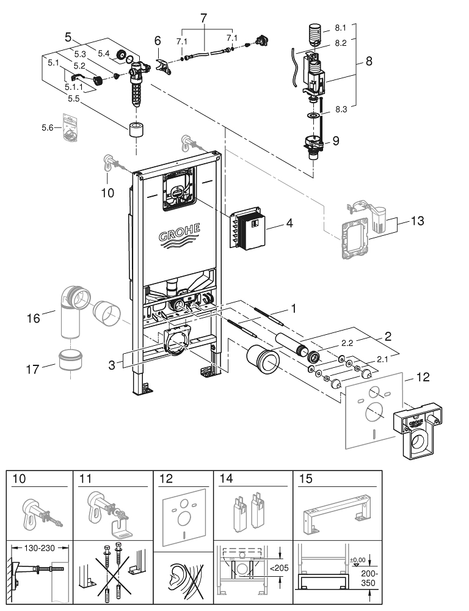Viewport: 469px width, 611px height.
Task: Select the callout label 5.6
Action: tap(48, 127)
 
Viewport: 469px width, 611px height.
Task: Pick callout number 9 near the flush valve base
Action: tap(335, 140)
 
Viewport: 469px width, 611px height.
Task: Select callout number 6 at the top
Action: tap(157, 40)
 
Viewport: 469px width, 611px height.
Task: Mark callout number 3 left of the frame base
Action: tap(111, 364)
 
